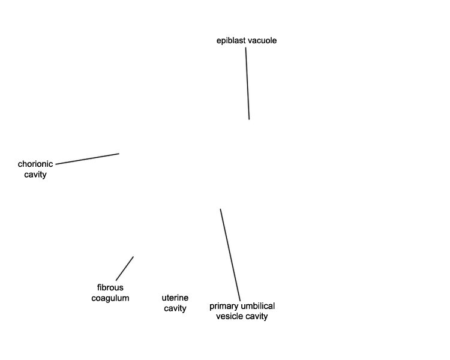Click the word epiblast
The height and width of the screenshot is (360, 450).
[231, 41]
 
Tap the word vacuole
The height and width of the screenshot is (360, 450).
[262, 40]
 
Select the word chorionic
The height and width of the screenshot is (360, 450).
[35, 164]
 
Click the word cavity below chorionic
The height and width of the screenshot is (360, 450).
[35, 175]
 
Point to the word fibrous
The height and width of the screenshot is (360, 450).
[110, 287]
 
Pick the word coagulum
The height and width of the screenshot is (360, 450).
[110, 298]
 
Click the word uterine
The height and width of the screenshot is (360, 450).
[175, 298]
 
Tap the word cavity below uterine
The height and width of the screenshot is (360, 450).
[175, 308]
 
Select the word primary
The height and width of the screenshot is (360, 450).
[224, 307]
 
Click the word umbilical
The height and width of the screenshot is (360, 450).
[258, 306]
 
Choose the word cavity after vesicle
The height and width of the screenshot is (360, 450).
[256, 316]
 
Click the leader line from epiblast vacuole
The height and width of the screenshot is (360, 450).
[247, 83]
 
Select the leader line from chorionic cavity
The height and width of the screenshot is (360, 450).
[87, 159]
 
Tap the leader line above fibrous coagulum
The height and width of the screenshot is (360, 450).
[125, 268]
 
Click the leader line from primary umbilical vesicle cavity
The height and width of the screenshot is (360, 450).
[230, 255]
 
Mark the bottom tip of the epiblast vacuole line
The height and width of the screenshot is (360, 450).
[249, 119]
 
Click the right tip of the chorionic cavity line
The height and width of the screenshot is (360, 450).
[119, 154]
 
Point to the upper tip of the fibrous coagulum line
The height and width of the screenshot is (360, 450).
[133, 257]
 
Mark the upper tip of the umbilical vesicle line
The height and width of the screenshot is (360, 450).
[220, 209]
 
